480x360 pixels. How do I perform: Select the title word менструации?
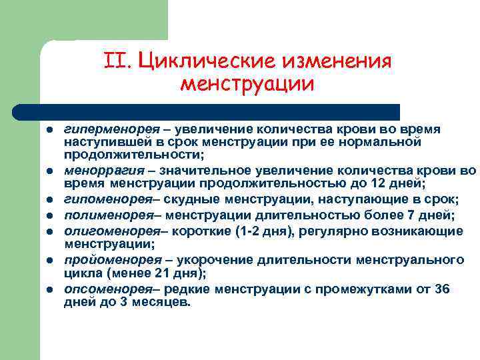[x=247, y=85]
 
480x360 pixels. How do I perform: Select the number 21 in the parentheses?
[x=158, y=273]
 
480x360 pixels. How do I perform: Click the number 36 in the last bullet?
[x=441, y=288]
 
